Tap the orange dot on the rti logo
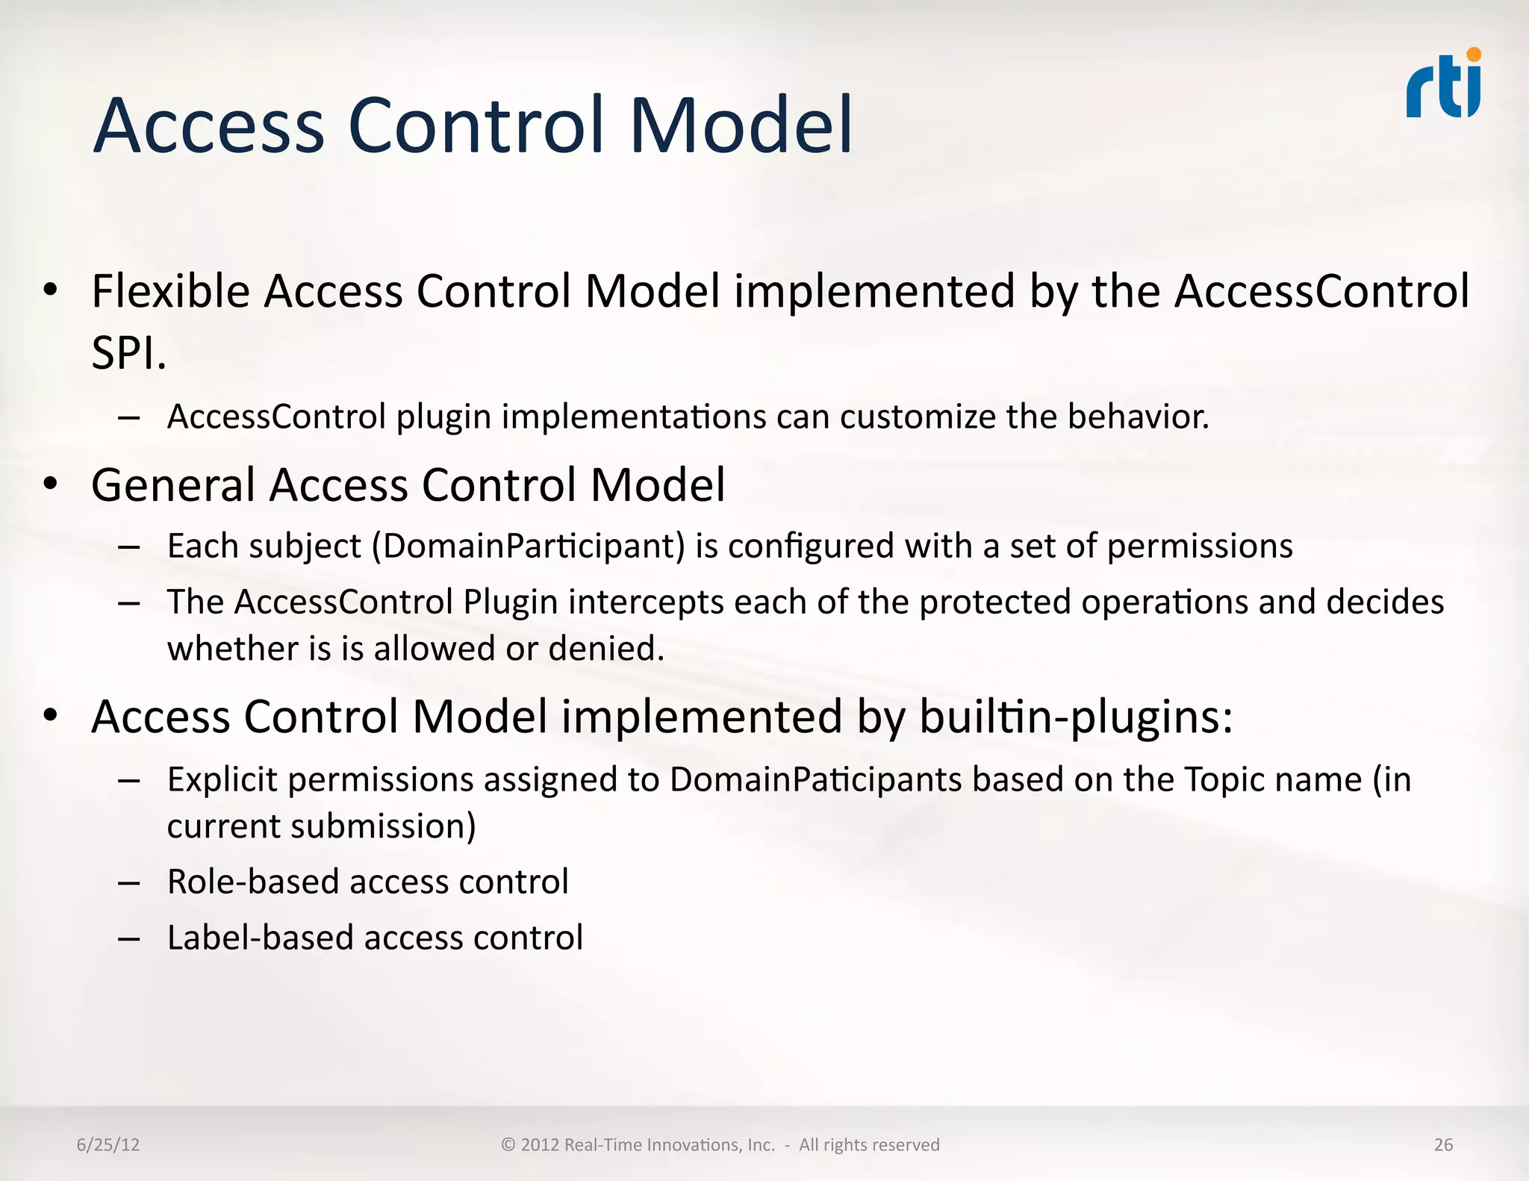click(x=1473, y=54)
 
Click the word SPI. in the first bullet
click(x=128, y=352)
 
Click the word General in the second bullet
click(x=173, y=485)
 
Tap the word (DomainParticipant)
click(x=528, y=546)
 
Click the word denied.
click(x=605, y=648)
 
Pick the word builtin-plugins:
click(x=1075, y=717)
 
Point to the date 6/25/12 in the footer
click(x=108, y=1144)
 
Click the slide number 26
click(x=1443, y=1144)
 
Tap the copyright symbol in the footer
click(x=508, y=1144)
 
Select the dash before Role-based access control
click(x=128, y=882)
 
